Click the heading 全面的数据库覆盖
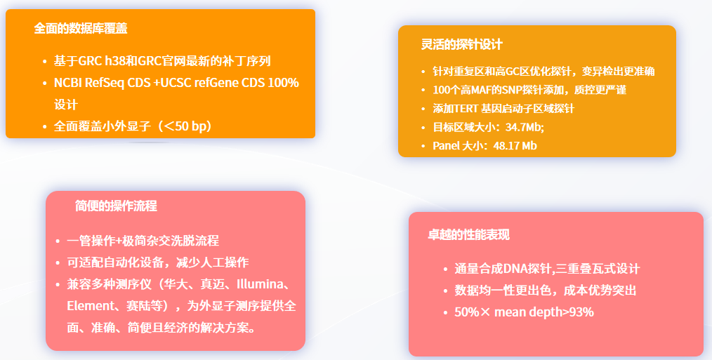(80, 28)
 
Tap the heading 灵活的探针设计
(462, 44)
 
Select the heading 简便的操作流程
(116, 206)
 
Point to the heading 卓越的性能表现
(468, 234)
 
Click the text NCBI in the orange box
(68, 83)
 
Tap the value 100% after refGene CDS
(284, 83)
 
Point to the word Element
(88, 306)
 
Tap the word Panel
(446, 146)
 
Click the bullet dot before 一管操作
(58, 241)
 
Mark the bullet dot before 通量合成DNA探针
(445, 269)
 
